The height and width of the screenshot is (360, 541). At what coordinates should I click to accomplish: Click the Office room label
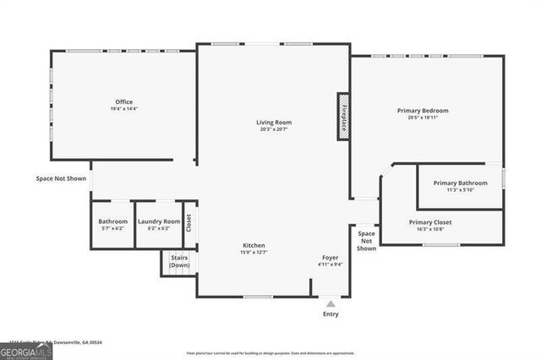[x=123, y=101]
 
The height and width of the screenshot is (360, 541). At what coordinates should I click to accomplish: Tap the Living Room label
[x=274, y=123]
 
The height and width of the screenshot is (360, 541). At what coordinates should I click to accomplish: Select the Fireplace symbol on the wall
[x=343, y=116]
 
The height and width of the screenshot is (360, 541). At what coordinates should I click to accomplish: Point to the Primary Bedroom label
[x=423, y=110]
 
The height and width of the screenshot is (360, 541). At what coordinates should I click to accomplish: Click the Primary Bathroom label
[x=460, y=183]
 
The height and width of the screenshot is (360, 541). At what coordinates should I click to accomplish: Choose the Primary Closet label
[x=430, y=221]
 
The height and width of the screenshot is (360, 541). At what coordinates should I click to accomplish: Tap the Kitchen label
[x=254, y=245]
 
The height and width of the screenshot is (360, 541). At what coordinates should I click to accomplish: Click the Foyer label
[x=330, y=257]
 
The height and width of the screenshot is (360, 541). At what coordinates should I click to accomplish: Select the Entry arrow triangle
[x=331, y=302]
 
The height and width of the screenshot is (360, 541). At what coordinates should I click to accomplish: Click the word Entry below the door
[x=331, y=314]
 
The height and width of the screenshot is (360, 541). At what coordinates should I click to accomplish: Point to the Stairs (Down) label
[x=178, y=261]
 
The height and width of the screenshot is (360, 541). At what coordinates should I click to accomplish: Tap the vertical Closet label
[x=189, y=223]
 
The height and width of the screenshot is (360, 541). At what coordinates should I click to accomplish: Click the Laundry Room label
[x=159, y=221]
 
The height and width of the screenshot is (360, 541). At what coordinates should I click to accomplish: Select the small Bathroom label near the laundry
[x=112, y=221]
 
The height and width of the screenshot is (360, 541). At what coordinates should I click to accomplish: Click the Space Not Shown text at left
[x=61, y=178]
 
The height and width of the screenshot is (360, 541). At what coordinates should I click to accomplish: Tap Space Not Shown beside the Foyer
[x=366, y=241]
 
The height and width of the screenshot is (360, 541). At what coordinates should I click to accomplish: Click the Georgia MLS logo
[x=26, y=351]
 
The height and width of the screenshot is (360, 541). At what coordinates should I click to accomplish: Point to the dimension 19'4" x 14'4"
[x=123, y=109]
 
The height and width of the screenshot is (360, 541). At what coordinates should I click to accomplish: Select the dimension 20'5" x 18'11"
[x=423, y=117]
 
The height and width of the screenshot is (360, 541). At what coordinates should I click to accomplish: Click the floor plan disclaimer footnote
[x=270, y=353]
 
